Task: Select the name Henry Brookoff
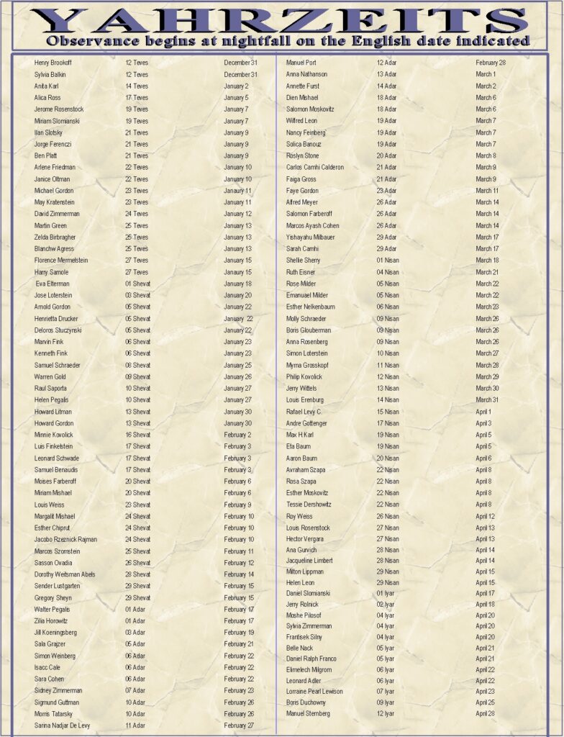coord(53,63)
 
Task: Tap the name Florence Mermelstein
coord(61,261)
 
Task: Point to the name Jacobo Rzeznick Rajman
coord(65,540)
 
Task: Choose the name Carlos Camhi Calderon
coord(315,168)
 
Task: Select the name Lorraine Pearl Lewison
coord(314,692)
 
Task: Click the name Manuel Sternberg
coord(308,713)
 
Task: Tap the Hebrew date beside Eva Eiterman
coord(138,284)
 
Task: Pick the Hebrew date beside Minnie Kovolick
coord(138,435)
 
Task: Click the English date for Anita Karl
coord(236,86)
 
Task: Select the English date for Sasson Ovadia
coord(239,563)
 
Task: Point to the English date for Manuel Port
coord(491,63)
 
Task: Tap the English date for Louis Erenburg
coord(487,400)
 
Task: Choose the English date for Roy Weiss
coord(486,516)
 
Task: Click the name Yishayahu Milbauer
coord(310,238)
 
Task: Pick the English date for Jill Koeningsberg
coord(239,633)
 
